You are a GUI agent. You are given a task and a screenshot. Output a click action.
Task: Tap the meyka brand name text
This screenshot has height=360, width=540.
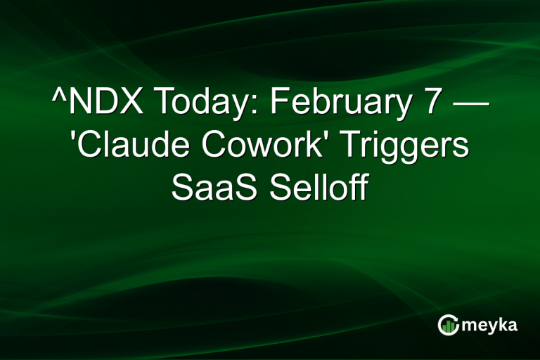(x=490, y=326)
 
